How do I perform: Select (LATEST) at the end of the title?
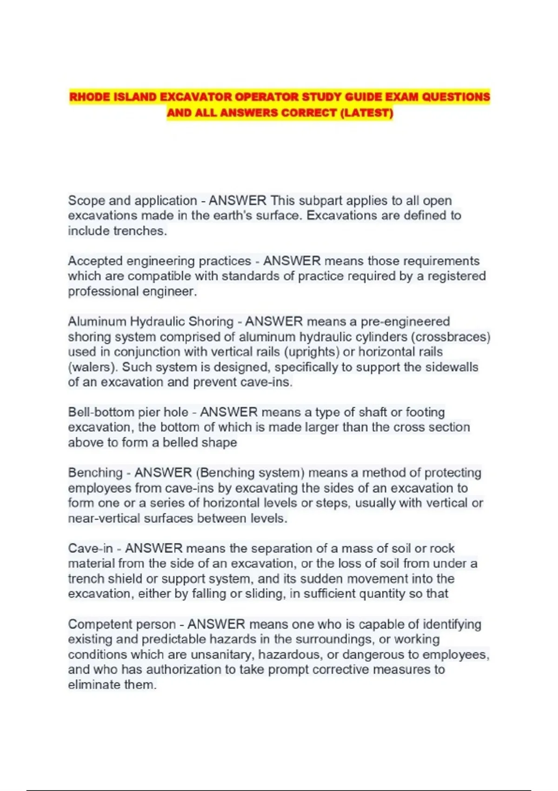coord(367,113)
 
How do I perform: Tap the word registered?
coord(457,276)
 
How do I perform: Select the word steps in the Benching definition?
coord(332,503)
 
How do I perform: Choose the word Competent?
coord(101,624)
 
